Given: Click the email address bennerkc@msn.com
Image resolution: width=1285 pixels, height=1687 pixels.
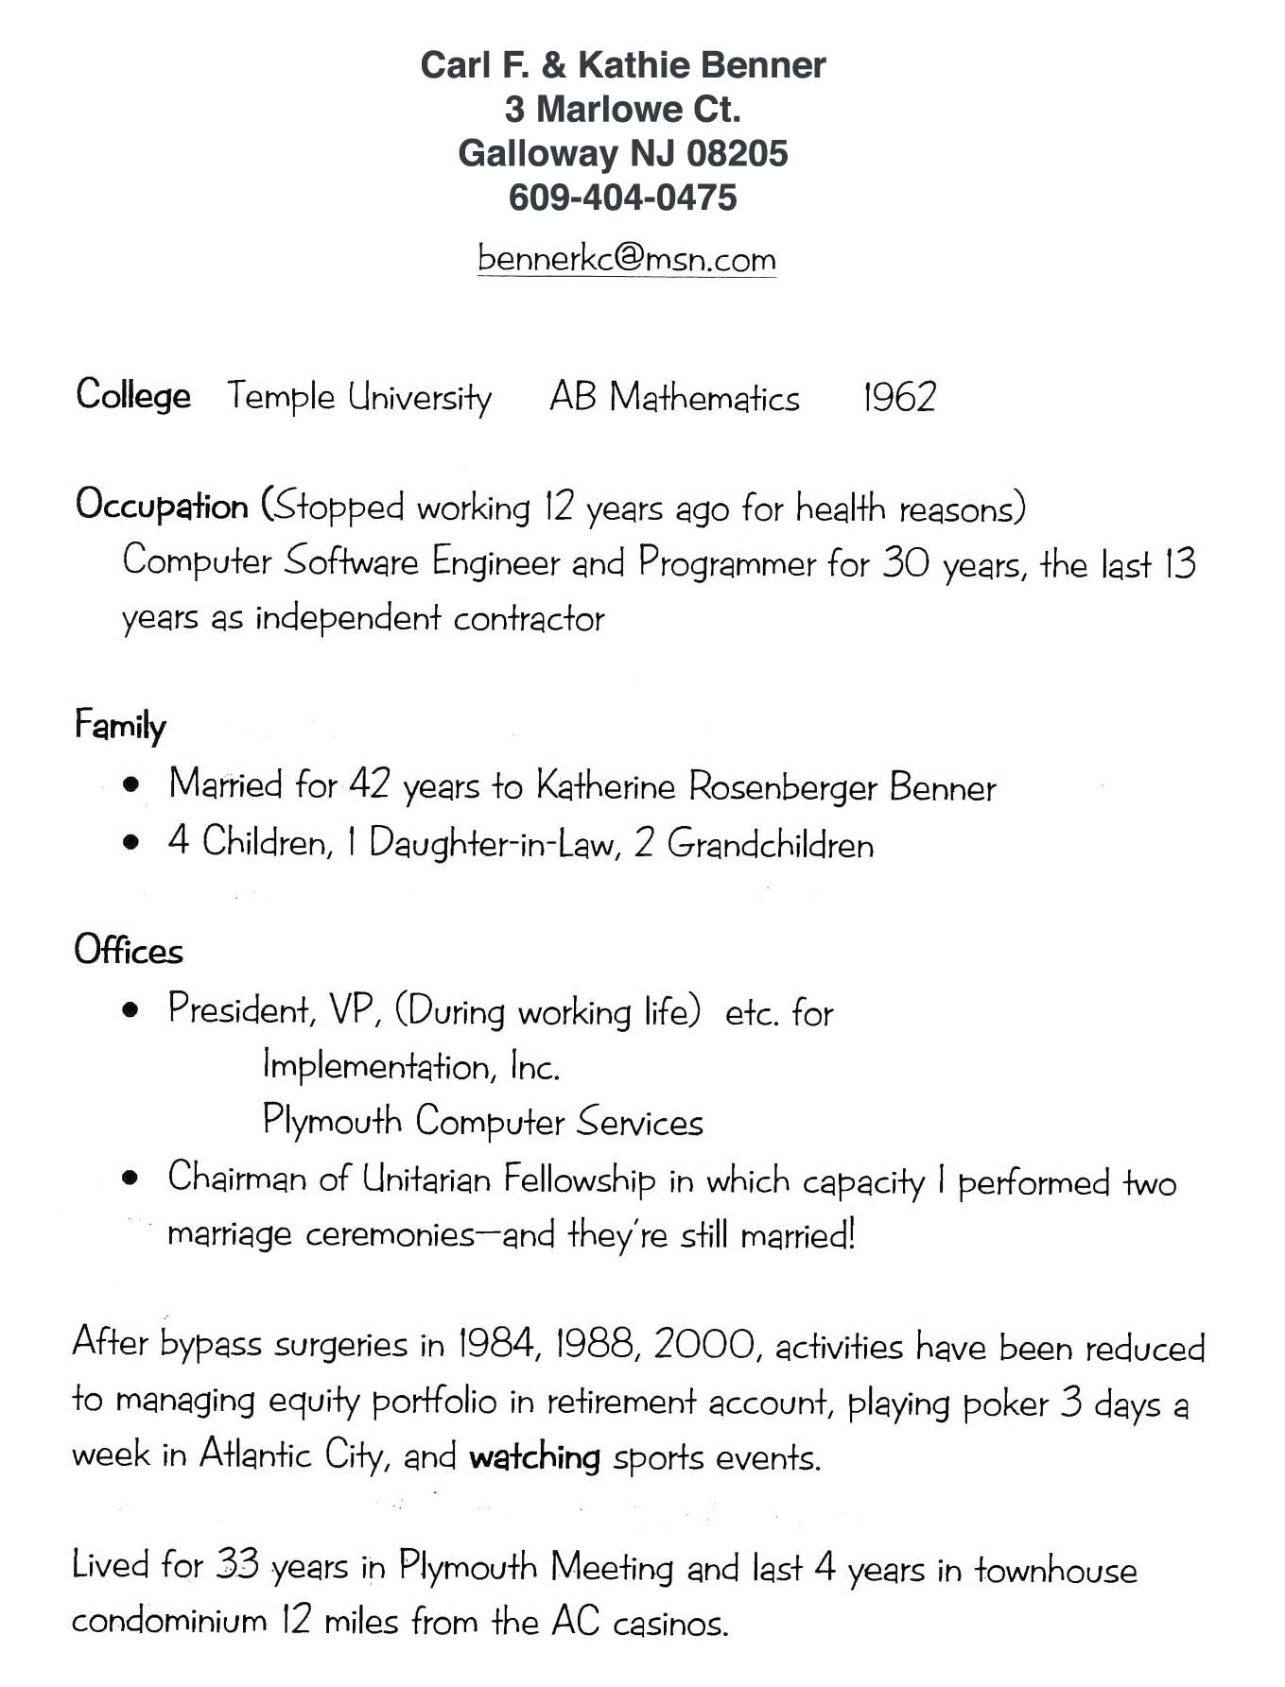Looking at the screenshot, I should click(x=626, y=258).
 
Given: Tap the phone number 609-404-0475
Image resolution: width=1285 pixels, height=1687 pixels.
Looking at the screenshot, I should click(x=622, y=198).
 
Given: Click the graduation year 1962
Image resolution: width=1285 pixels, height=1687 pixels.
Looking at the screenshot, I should click(x=898, y=397).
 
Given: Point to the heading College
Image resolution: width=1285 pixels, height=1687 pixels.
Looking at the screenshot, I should click(x=133, y=395).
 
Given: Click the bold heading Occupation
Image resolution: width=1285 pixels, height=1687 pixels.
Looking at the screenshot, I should click(x=162, y=506).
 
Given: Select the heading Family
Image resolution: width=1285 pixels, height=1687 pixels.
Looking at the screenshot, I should click(x=120, y=725).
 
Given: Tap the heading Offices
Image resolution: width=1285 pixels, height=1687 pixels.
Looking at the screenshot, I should click(x=129, y=950).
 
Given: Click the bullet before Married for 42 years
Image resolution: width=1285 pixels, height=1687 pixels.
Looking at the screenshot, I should click(x=132, y=784).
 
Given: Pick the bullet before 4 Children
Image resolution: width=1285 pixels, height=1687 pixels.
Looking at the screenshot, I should click(x=132, y=841).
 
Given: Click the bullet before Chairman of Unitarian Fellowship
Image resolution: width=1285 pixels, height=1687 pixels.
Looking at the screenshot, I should click(x=132, y=1179).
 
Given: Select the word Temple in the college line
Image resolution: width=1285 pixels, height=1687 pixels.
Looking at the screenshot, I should click(x=281, y=396).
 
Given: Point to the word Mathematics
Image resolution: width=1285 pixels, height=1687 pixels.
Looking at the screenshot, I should click(x=704, y=397).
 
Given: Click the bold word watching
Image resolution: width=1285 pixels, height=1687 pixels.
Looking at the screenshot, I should click(x=534, y=1456).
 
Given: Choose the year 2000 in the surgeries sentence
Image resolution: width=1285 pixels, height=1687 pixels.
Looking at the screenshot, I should click(x=704, y=1344).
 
